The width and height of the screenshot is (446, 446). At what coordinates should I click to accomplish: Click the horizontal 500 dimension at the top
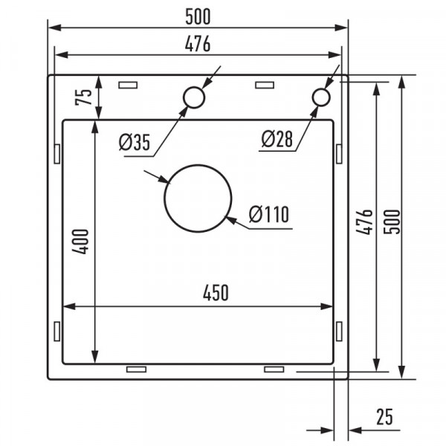tap(198, 15)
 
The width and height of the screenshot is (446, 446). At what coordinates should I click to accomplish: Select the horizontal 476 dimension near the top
tap(198, 44)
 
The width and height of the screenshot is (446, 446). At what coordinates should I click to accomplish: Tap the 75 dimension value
tap(83, 97)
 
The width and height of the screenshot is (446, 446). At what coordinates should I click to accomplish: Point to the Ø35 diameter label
tap(134, 141)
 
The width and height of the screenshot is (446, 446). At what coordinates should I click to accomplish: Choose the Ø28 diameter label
tap(277, 138)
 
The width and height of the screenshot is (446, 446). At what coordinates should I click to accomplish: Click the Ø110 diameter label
tap(268, 215)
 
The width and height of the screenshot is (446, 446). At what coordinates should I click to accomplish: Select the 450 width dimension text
tap(215, 293)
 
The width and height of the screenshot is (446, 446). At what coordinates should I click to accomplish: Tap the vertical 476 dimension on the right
tap(363, 222)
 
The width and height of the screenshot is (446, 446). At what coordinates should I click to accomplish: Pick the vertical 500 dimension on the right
tap(394, 222)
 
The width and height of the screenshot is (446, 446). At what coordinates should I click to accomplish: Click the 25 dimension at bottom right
tap(384, 417)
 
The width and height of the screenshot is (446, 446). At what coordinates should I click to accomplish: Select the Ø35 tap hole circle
tap(193, 97)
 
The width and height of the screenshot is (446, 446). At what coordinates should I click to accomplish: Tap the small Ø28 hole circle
tap(321, 97)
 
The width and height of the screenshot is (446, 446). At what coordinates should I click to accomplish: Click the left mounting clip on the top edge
tap(128, 84)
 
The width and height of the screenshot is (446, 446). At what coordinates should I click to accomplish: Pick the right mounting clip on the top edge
tap(265, 84)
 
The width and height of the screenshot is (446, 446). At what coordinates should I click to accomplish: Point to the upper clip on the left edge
tap(56, 152)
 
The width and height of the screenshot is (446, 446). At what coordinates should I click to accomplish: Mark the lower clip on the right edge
tap(339, 331)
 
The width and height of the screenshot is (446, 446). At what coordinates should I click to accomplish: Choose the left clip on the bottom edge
tap(137, 369)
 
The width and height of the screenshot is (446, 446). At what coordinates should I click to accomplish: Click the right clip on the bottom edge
tap(274, 369)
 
